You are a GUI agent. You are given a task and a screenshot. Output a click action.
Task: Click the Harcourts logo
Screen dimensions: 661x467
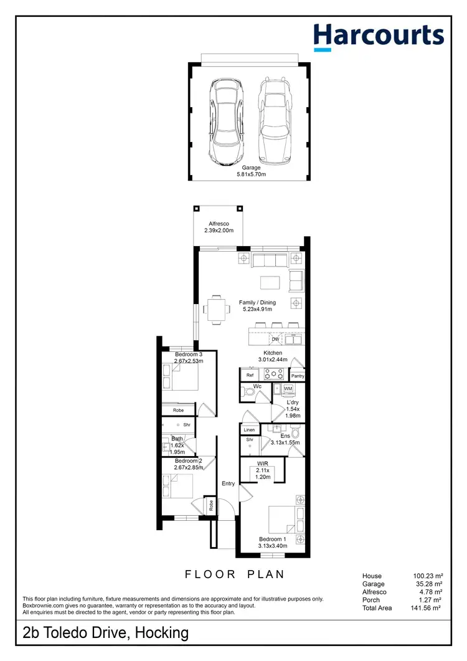coord(379,36)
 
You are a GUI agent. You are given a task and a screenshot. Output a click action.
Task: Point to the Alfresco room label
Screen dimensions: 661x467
coord(219,227)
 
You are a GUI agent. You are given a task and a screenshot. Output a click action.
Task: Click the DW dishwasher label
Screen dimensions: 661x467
coord(275,340)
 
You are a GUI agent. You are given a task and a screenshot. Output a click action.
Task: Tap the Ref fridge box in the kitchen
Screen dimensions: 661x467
coord(250,375)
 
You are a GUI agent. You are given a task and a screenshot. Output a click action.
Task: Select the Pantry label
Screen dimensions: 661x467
coord(297,376)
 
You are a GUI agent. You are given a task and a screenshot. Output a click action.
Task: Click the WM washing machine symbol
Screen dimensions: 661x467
coord(288,389)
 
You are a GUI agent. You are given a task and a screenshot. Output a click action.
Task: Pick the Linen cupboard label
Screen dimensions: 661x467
coord(249,430)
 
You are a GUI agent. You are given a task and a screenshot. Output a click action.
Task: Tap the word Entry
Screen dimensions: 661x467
coord(229,483)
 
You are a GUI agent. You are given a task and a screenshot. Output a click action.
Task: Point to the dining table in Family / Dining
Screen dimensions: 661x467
coord(216,309)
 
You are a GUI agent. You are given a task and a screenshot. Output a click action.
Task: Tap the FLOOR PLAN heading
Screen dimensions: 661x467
coord(234,574)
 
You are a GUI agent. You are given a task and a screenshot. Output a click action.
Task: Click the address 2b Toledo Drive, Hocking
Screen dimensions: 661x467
coord(105,634)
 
